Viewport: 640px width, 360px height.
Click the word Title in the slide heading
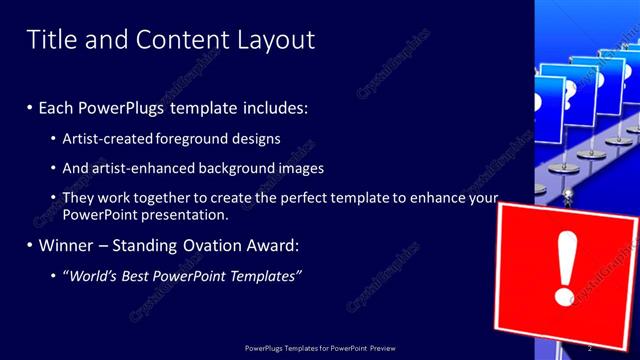[49, 40]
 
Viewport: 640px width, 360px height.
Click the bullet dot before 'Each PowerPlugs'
[30, 108]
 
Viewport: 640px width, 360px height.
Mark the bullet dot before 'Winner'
[30, 245]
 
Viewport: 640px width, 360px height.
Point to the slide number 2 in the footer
[590, 348]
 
